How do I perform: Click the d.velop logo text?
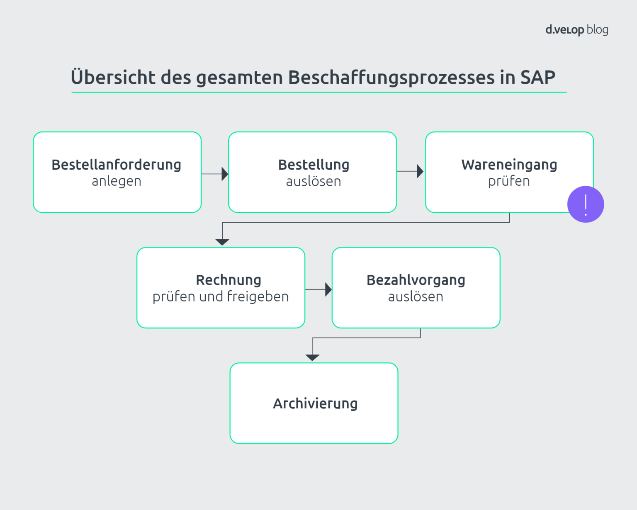pyautogui.click(x=564, y=30)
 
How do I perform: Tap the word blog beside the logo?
pyautogui.click(x=598, y=30)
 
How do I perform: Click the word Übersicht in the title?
pyautogui.click(x=113, y=78)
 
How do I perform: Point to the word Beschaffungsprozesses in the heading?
pyautogui.click(x=391, y=78)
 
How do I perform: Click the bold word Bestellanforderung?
pyautogui.click(x=116, y=165)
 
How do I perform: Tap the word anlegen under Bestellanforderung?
pyautogui.click(x=117, y=181)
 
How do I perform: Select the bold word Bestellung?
pyautogui.click(x=314, y=165)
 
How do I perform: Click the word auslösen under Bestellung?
pyautogui.click(x=314, y=181)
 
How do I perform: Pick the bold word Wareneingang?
pyautogui.click(x=509, y=165)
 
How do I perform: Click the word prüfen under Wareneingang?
pyautogui.click(x=509, y=181)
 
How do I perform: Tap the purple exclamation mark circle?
pyautogui.click(x=586, y=204)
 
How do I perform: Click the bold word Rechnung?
pyautogui.click(x=229, y=280)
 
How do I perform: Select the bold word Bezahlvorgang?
pyautogui.click(x=416, y=280)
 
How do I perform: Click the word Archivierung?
pyautogui.click(x=315, y=403)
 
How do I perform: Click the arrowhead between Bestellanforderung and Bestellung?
pyautogui.click(x=225, y=174)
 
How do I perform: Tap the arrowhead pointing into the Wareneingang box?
pyautogui.click(x=420, y=171)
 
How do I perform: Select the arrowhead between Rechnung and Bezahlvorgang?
pyautogui.click(x=328, y=289)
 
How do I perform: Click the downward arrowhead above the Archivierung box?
pyautogui.click(x=312, y=357)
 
